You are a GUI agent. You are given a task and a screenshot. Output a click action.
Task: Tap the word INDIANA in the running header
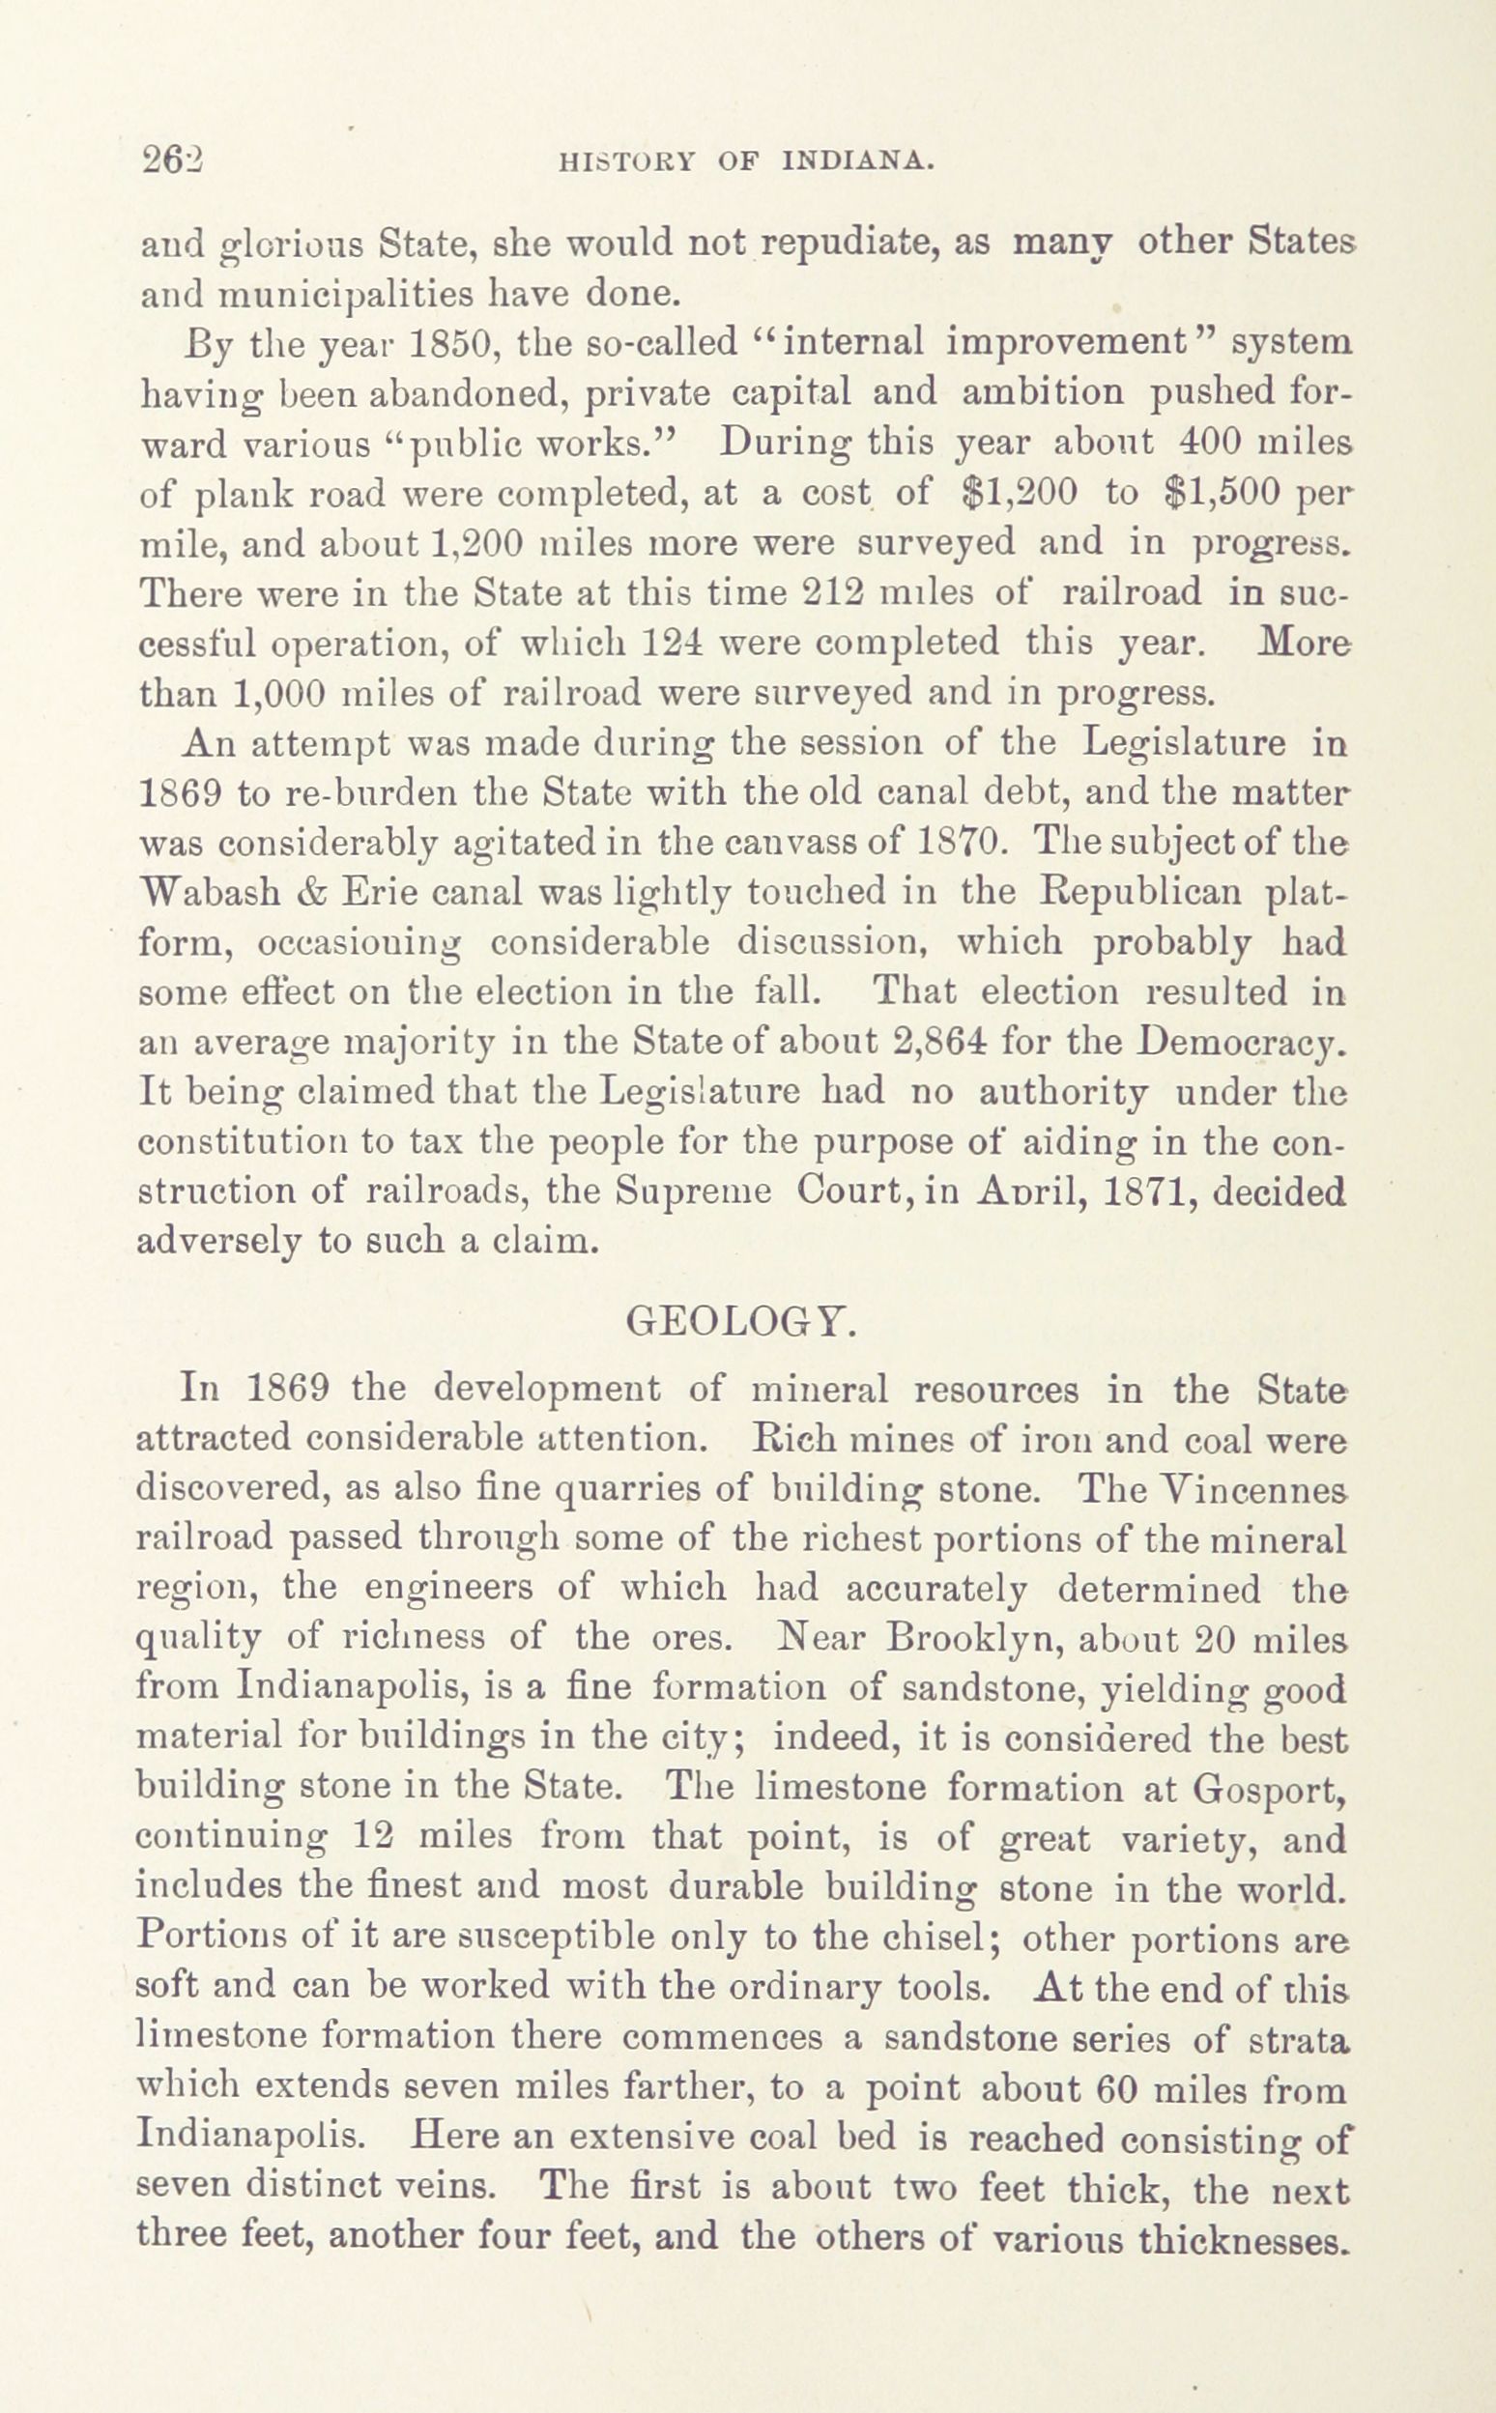(858, 162)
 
